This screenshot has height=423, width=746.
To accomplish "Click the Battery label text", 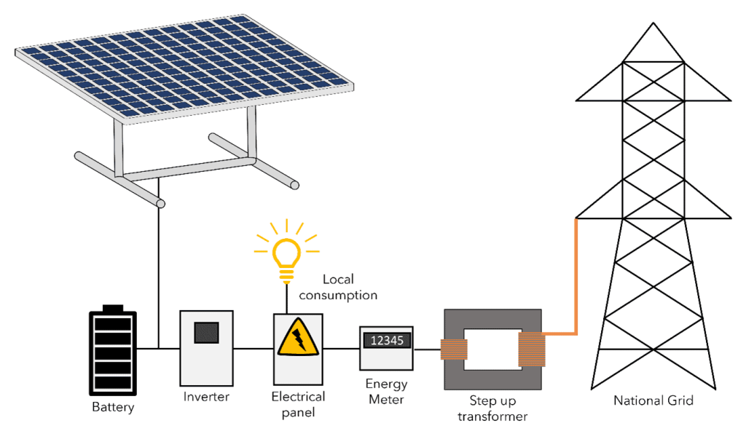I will pyautogui.click(x=113, y=406).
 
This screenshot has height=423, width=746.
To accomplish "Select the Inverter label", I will pyautogui.click(x=206, y=397).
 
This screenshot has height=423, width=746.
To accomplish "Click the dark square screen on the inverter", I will pyautogui.click(x=206, y=332).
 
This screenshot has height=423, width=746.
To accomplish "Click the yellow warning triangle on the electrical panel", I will pyautogui.click(x=297, y=336).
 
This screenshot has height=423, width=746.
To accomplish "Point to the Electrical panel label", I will pyautogui.click(x=297, y=404).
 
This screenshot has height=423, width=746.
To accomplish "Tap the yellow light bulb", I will pyautogui.click(x=286, y=255).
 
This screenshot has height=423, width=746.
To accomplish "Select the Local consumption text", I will pyautogui.click(x=338, y=288).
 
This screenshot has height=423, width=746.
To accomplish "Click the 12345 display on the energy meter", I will pyautogui.click(x=387, y=340).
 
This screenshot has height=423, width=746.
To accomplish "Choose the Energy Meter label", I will pyautogui.click(x=386, y=391).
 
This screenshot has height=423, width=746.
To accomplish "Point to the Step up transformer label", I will pyautogui.click(x=492, y=408).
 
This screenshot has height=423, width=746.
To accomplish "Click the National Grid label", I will pyautogui.click(x=653, y=400).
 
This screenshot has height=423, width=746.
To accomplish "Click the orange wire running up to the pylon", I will pyautogui.click(x=576, y=277).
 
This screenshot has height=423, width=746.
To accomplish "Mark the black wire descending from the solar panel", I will pyautogui.click(x=158, y=277).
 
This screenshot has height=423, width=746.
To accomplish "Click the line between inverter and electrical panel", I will pyautogui.click(x=252, y=348).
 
